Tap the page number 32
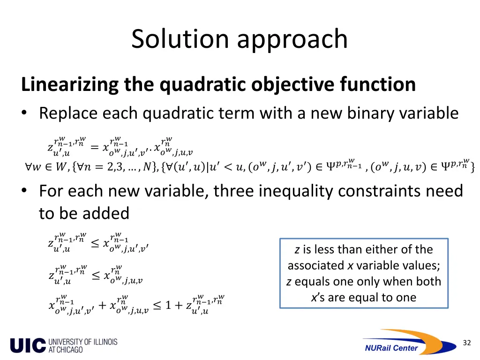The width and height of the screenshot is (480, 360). click(x=466, y=343)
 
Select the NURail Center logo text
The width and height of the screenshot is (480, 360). click(x=391, y=348)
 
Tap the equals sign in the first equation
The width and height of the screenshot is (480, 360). click(x=94, y=147)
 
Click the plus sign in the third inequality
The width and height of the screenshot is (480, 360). click(x=102, y=305)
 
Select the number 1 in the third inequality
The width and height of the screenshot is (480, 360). click(x=170, y=306)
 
